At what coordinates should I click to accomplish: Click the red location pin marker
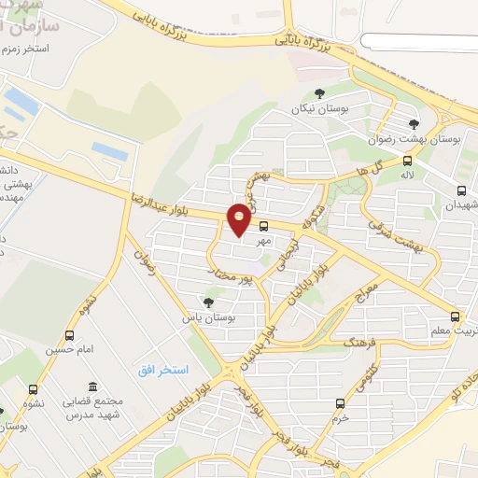point(240,218)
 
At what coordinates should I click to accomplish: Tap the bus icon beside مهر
point(264,225)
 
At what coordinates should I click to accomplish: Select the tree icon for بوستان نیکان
point(320,92)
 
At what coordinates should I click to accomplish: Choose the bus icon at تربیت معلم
point(455,317)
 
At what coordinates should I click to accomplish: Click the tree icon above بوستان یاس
point(208,302)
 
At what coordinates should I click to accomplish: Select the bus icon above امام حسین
point(69,335)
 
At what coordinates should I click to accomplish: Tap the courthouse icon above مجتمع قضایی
point(91,387)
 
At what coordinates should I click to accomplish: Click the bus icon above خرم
point(340,403)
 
